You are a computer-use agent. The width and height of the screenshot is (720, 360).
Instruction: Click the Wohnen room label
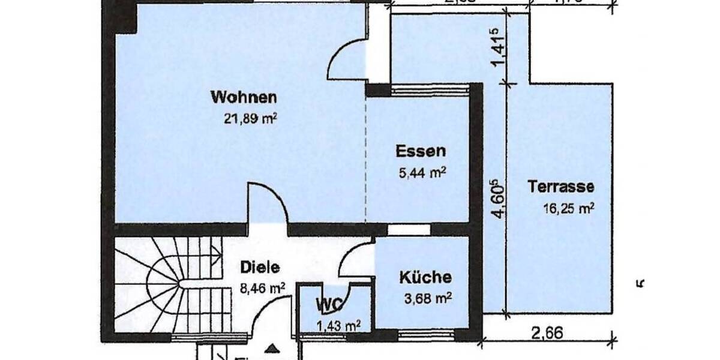point(244,97)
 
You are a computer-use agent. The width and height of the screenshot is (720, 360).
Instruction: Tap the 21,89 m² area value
point(250,119)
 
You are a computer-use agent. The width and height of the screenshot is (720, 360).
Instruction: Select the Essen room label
point(420,151)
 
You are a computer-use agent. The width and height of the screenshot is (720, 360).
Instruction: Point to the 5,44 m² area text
point(422,173)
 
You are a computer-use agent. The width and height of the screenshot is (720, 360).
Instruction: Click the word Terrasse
point(560,187)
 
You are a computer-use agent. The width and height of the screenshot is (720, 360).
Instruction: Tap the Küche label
point(425,278)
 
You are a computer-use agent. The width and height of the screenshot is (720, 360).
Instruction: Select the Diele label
point(260,268)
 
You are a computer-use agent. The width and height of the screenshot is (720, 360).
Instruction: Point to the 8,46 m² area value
point(262,287)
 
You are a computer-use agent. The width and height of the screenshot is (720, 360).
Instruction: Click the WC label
point(329,304)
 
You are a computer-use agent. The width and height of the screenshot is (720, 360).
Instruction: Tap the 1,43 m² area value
point(338,326)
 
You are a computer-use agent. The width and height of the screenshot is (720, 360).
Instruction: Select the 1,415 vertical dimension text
point(497,48)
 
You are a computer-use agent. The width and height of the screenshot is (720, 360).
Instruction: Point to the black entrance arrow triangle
point(272,348)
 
